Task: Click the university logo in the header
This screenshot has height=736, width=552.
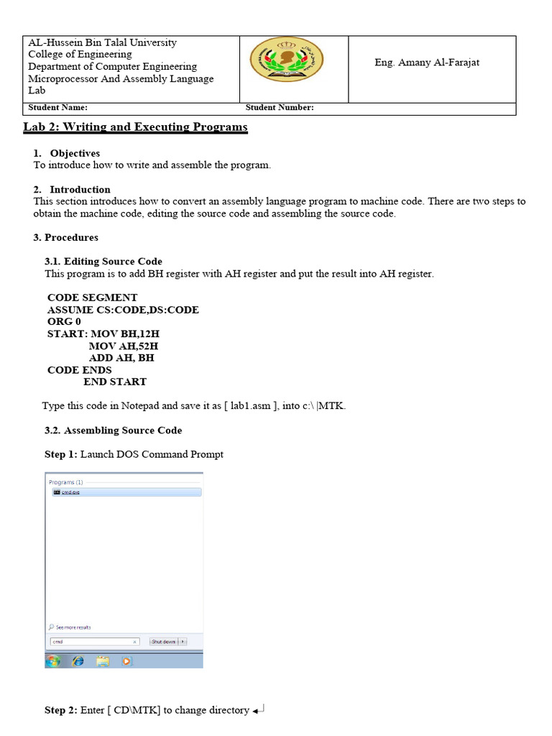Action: (x=286, y=60)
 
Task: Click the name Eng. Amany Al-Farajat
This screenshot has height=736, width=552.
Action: (x=427, y=63)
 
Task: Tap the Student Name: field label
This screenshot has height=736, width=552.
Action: (x=57, y=108)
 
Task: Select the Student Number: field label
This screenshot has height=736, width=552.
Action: (x=280, y=108)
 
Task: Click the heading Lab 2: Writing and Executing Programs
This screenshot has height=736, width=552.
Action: (x=137, y=127)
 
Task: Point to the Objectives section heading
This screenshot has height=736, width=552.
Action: (x=75, y=153)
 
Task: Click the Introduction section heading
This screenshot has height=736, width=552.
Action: (x=80, y=190)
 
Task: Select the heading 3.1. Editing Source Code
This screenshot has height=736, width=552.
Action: (x=103, y=262)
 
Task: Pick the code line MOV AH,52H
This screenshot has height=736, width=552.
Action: (x=124, y=346)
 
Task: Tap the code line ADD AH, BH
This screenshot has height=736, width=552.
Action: (x=121, y=357)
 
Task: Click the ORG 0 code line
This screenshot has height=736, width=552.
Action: (x=64, y=321)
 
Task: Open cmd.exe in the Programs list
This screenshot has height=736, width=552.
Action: (x=70, y=492)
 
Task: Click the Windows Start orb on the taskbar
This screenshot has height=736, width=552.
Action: (x=53, y=660)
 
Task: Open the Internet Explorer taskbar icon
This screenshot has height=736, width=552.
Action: (x=78, y=660)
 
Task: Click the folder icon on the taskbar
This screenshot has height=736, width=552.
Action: (x=102, y=660)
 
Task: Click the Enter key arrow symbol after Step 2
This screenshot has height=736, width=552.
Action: (x=259, y=710)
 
